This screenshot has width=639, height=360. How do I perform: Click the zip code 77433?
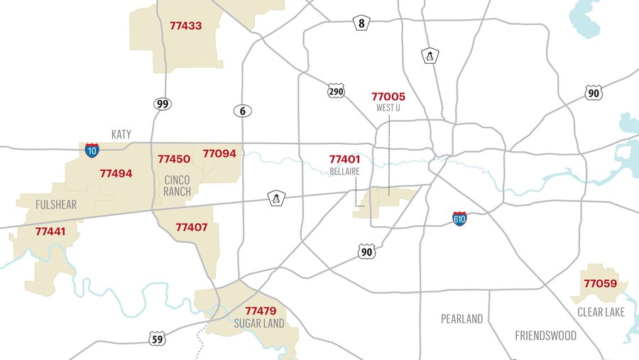click(186, 26)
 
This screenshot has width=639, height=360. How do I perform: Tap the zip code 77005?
click(388, 97)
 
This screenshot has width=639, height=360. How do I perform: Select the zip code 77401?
click(345, 160)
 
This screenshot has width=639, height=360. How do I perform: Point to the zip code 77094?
click(220, 153)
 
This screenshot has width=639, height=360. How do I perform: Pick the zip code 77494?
click(116, 173)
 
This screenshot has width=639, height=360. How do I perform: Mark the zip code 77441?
click(50, 231)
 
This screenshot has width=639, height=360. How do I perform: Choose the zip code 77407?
click(191, 228)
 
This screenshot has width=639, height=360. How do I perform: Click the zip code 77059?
click(601, 284)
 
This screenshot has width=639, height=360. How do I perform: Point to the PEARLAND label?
click(461, 319)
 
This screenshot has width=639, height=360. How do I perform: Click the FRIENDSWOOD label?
click(546, 335)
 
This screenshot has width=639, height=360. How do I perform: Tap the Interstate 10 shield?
click(92, 150)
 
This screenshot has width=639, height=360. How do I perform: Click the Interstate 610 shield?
click(460, 218)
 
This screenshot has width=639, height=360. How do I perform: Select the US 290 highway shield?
click(337, 91)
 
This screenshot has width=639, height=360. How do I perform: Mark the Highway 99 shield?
click(163, 104)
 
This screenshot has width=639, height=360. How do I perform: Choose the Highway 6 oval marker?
click(242, 111)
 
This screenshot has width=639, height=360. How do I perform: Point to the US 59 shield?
click(158, 339)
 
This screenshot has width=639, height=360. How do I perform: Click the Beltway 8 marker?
click(361, 23)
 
